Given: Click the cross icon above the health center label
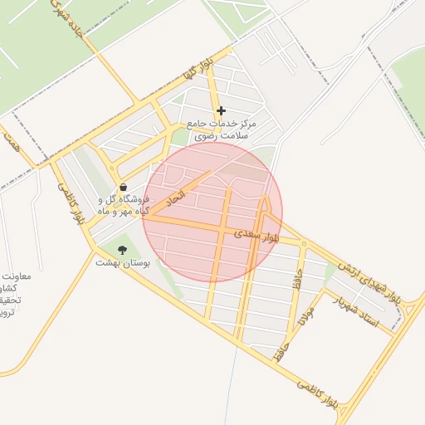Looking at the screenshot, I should (x=221, y=110).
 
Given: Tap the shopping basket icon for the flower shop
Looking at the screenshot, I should (x=124, y=188).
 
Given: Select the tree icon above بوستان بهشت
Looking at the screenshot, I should (x=123, y=249).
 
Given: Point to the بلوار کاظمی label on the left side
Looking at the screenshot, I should (x=70, y=204).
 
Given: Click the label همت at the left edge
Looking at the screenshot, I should (x=10, y=143).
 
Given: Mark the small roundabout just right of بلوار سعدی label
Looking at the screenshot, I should (x=305, y=244).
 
